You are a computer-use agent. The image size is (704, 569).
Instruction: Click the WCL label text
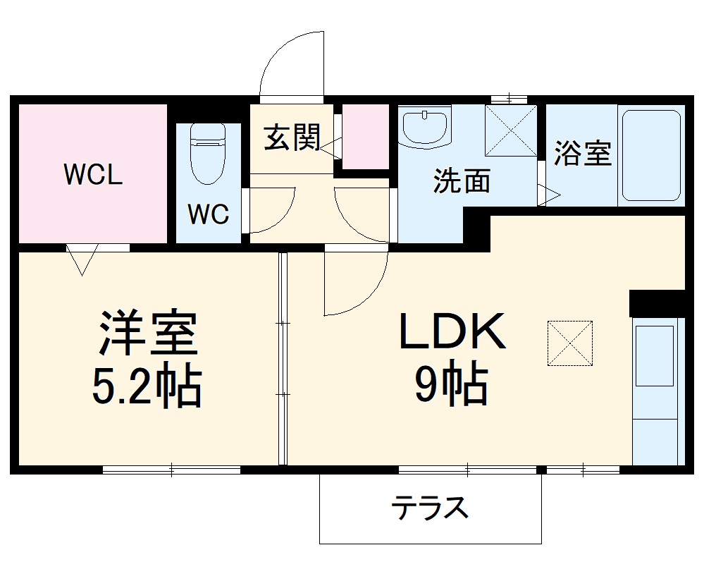(x=93, y=174)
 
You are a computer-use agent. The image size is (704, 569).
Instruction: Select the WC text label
(x=209, y=215)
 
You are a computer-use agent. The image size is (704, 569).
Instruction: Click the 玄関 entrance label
(x=292, y=137)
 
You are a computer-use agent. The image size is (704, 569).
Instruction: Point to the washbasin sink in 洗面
(x=425, y=128)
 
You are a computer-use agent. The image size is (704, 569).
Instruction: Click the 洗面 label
(x=462, y=181)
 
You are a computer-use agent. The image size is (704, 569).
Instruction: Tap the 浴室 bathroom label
(x=582, y=154)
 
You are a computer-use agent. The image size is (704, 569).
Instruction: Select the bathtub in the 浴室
(x=651, y=155)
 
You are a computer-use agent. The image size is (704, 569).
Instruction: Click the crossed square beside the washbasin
(x=511, y=130)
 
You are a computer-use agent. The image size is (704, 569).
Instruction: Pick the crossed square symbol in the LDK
(x=570, y=343)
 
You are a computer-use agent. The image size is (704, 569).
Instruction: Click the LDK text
(x=452, y=332)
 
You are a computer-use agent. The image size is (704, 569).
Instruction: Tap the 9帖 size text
(x=451, y=385)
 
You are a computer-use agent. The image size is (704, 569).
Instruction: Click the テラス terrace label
(x=431, y=507)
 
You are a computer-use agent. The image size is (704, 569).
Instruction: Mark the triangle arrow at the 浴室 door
(x=549, y=195)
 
